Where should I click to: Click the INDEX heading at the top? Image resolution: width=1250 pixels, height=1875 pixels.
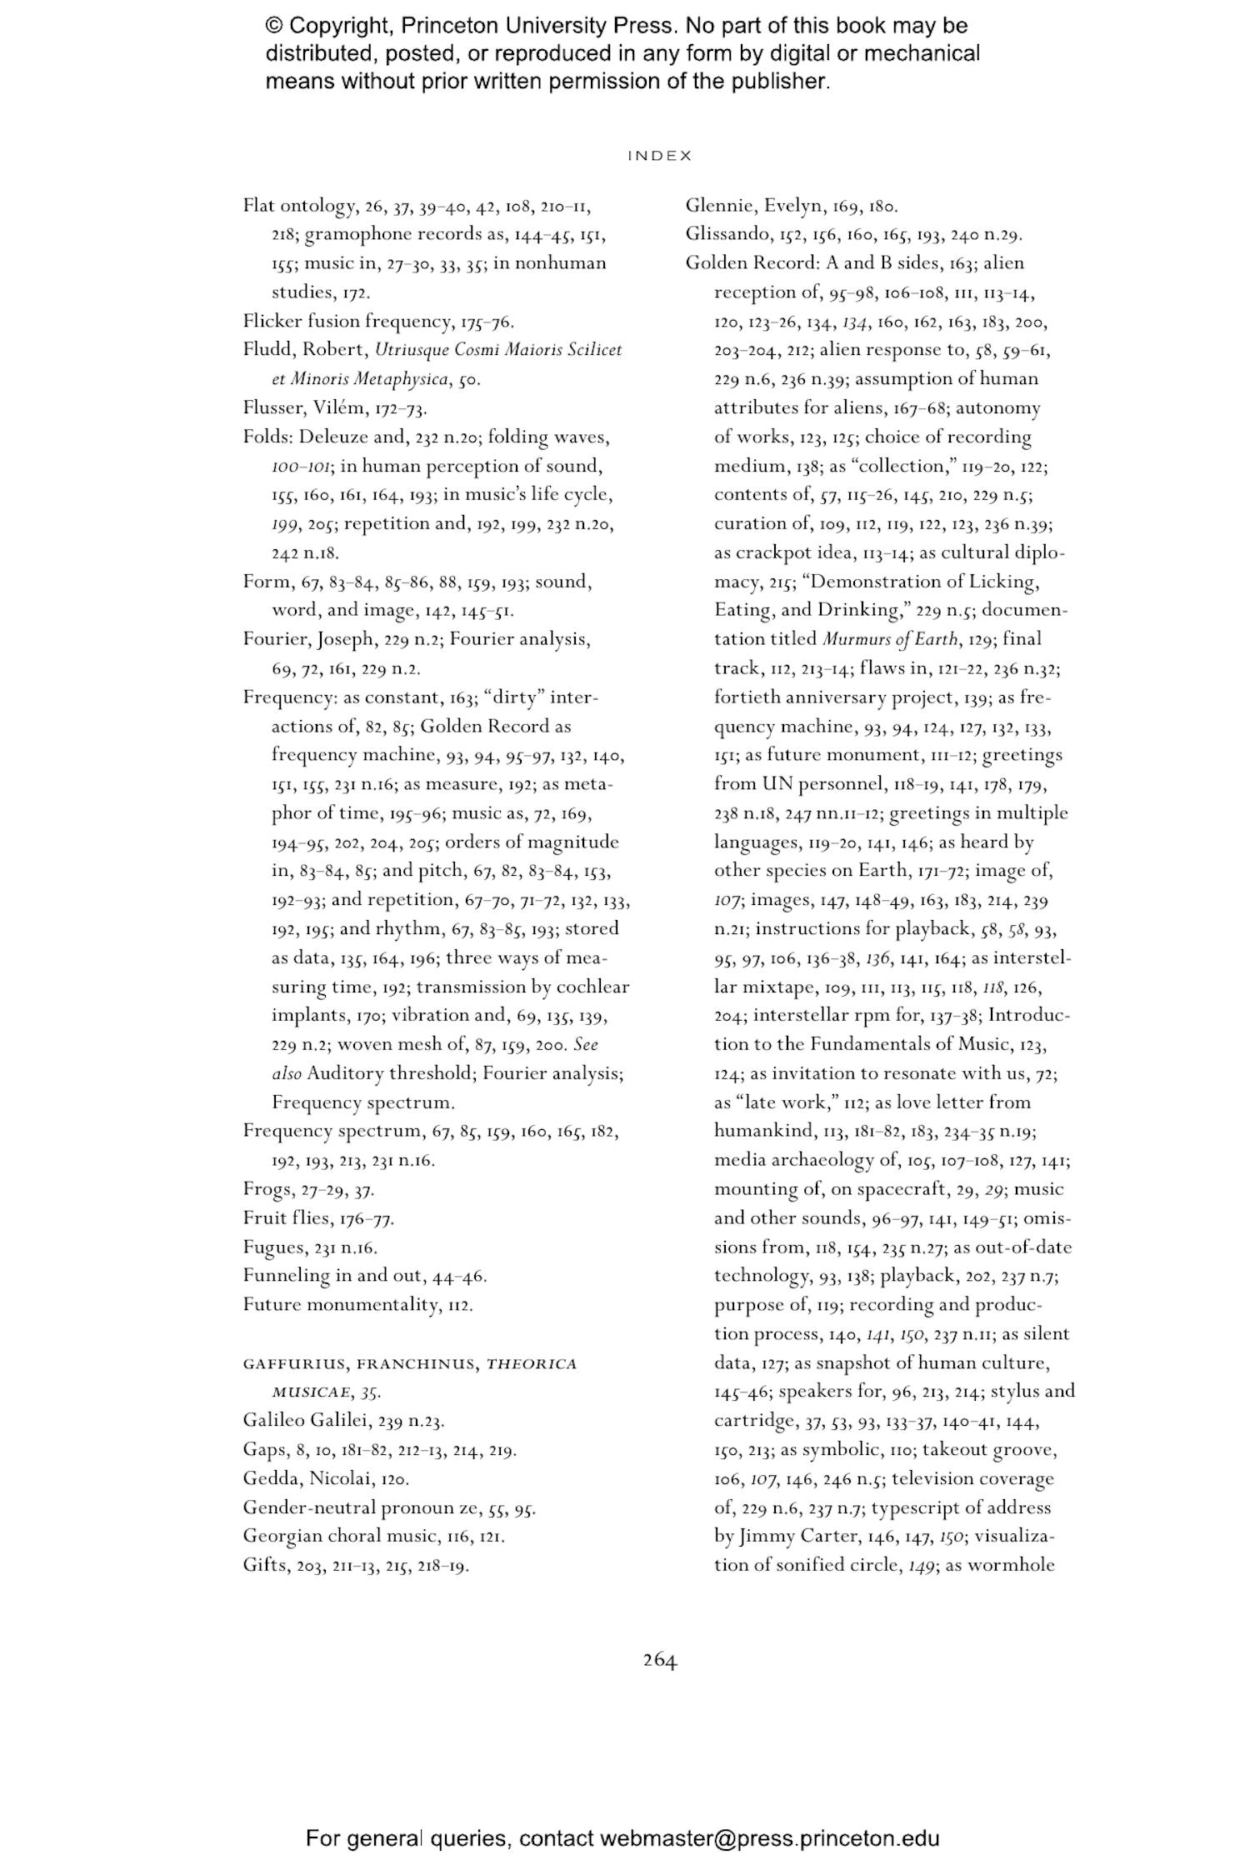point(659,156)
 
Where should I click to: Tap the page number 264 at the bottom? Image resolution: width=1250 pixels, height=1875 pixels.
point(659,1660)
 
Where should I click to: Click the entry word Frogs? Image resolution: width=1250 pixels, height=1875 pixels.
point(267,1189)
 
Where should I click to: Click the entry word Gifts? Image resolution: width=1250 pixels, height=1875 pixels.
point(263,1565)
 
